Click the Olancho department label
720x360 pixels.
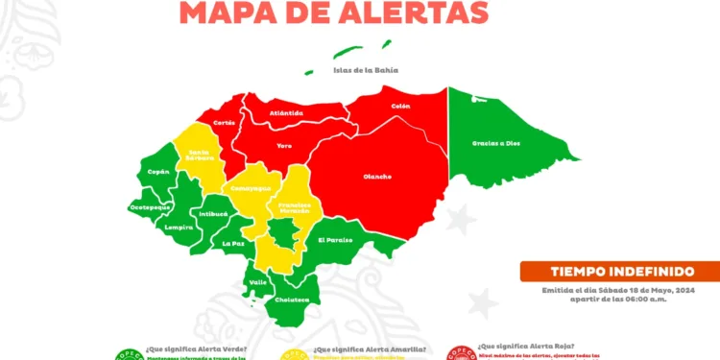377,176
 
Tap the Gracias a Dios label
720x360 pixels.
495,143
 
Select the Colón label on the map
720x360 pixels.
401,106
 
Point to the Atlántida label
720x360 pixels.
287,113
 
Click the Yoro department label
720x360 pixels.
284,146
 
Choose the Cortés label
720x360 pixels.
225,123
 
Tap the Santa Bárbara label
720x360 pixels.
201,155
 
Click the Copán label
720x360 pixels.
158,172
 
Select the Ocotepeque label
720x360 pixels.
150,206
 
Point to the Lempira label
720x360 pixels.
179,228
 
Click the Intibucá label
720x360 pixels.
214,214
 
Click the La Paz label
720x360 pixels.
233,244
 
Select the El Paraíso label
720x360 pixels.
335,240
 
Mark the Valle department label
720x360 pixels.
258,282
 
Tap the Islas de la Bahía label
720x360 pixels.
366,70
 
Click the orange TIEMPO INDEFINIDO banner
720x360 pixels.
619,272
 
